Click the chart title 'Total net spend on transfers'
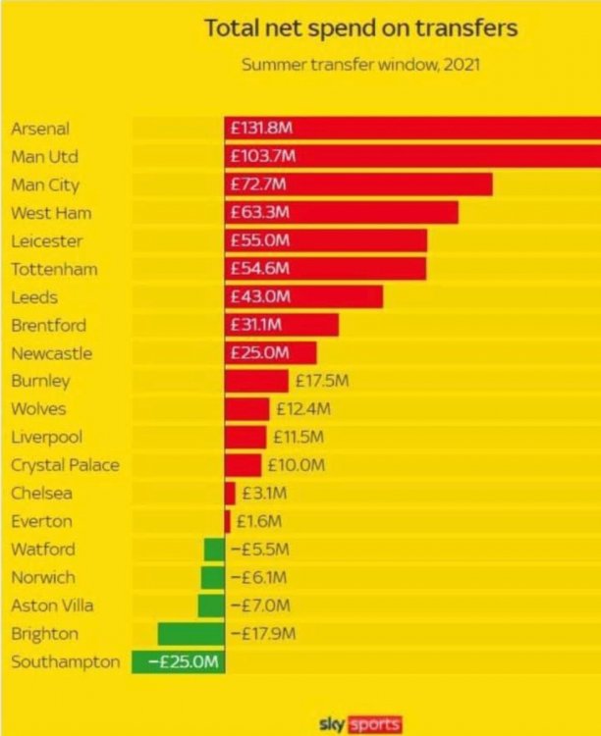tap(360, 28)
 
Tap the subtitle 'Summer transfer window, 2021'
tap(359, 67)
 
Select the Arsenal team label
tap(40, 129)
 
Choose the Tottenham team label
tap(54, 269)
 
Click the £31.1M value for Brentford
tap(258, 325)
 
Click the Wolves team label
tap(40, 408)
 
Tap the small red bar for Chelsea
tap(230, 493)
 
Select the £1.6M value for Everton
tap(259, 521)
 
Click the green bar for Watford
tap(214, 550)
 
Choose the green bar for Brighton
tap(191, 633)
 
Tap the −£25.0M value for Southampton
tap(183, 662)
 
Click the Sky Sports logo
tap(360, 724)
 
